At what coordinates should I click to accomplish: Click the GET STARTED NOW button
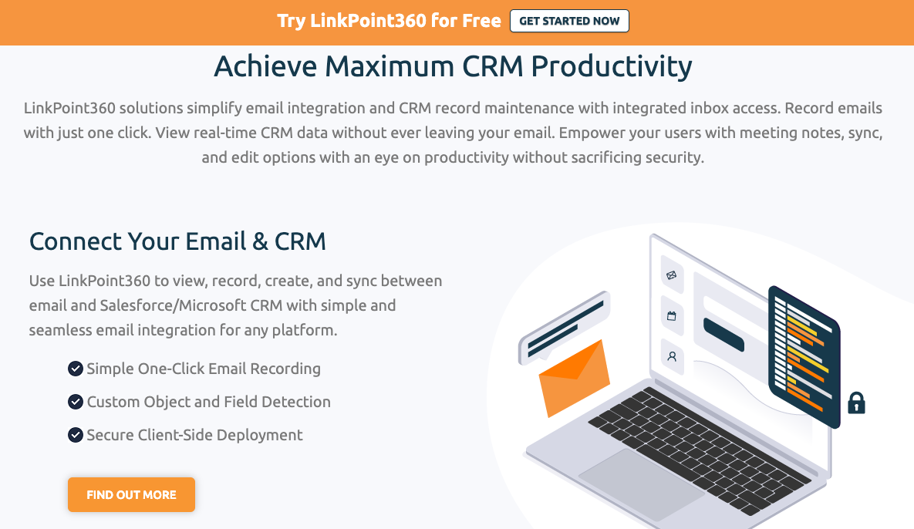(569, 21)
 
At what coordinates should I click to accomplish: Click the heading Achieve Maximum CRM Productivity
(453, 66)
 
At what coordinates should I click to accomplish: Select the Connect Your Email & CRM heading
(177, 241)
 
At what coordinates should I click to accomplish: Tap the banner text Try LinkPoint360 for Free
(389, 21)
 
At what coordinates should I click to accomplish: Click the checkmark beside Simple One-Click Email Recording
(76, 369)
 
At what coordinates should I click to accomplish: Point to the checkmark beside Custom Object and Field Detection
(76, 402)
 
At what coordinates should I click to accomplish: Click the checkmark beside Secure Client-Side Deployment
(76, 435)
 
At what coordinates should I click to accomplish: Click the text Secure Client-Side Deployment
(194, 435)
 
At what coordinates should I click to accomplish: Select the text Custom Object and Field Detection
(208, 402)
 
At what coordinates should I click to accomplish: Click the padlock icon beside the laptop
(856, 403)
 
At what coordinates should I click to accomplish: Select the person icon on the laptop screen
(672, 357)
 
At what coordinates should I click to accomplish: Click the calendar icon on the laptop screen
(672, 315)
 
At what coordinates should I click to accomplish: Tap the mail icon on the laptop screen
(672, 275)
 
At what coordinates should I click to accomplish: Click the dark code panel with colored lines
(804, 355)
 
